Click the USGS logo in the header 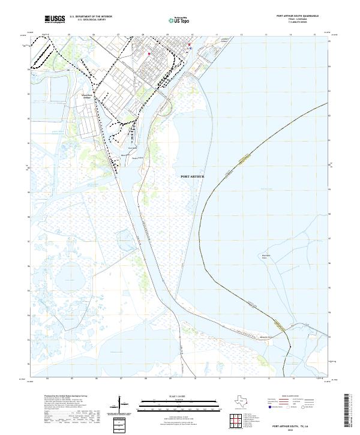coord(55,19)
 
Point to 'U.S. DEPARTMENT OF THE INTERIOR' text coord(91,17)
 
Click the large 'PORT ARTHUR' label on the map coord(192,176)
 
